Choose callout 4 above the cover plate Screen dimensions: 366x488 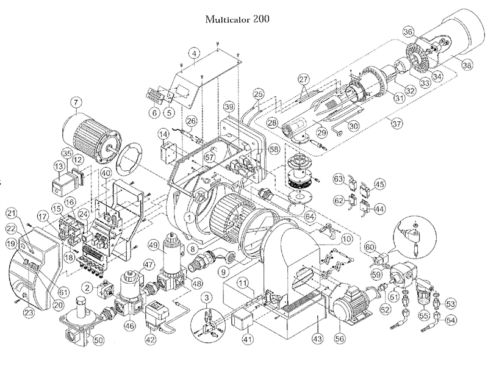194,54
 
